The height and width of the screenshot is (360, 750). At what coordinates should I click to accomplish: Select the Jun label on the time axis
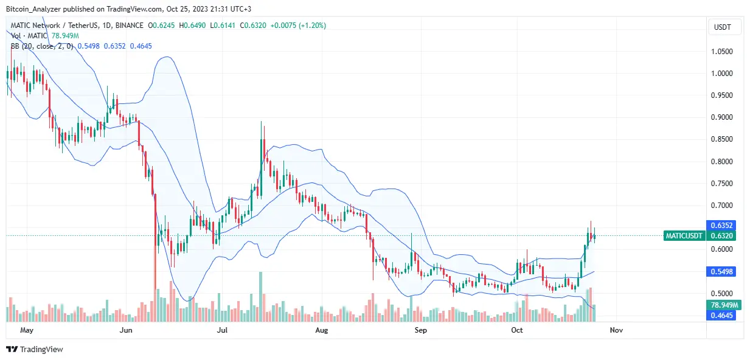pyautogui.click(x=126, y=330)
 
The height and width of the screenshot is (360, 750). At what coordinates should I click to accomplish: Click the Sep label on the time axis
pyautogui.click(x=420, y=330)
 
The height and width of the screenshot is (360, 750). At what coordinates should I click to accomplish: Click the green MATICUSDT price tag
pyautogui.click(x=684, y=236)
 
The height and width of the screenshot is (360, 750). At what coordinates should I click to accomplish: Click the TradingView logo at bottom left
pyautogui.click(x=35, y=349)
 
